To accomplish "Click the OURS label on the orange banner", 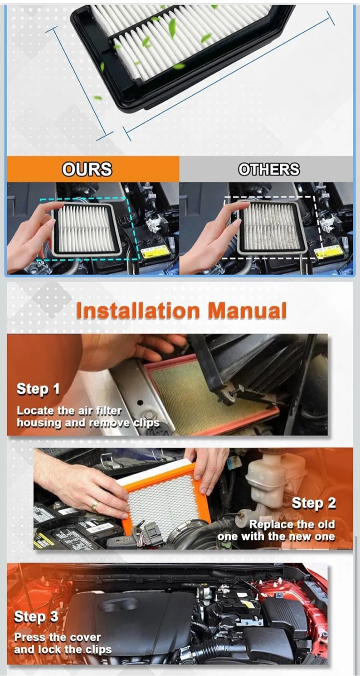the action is click(x=87, y=169).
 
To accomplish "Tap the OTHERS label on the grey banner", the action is click(x=269, y=169).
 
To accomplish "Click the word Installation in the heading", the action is click(x=138, y=311).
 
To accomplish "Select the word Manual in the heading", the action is click(x=247, y=311).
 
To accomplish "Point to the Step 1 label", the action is click(x=38, y=389).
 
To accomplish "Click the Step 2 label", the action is click(x=314, y=503).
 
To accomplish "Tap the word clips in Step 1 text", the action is click(x=146, y=423).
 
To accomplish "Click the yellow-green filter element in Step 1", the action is click(x=211, y=399).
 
